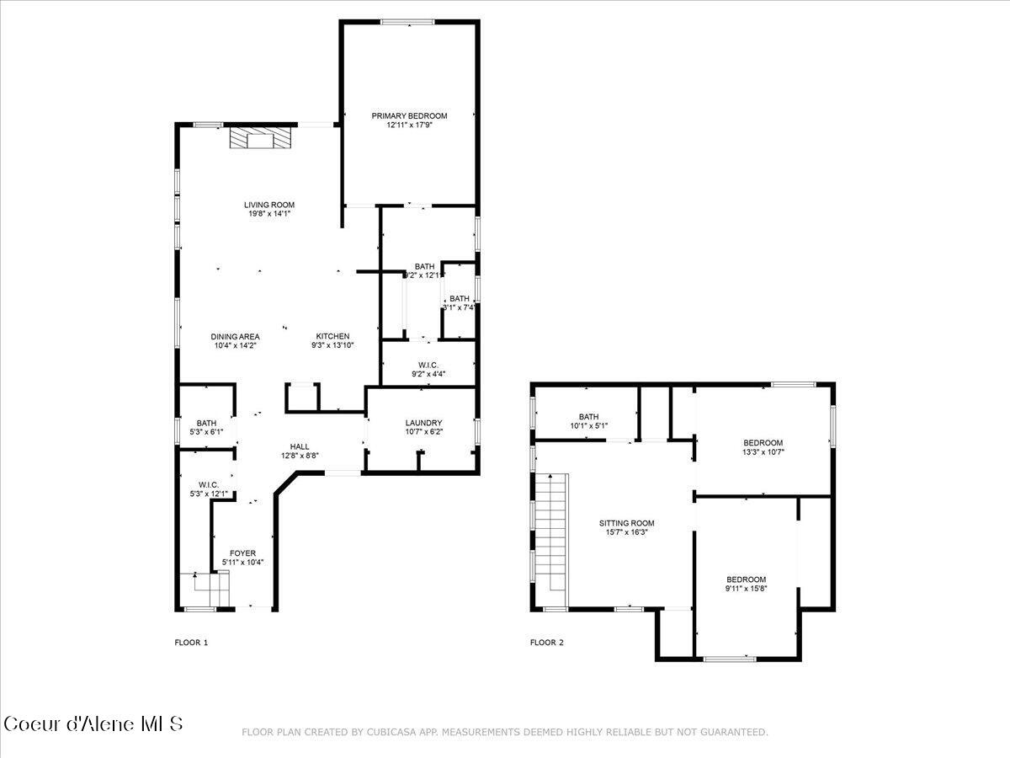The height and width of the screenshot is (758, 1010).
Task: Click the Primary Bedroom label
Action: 410,116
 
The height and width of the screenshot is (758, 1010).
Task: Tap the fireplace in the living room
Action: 262,138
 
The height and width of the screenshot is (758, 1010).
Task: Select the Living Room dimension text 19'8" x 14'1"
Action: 269,214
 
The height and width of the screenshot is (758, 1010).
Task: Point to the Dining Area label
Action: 235,337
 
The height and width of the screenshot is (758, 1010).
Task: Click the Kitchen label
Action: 332,337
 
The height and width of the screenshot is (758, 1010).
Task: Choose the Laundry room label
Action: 423,423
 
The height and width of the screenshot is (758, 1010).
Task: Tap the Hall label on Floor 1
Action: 300,446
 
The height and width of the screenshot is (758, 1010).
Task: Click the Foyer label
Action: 243,553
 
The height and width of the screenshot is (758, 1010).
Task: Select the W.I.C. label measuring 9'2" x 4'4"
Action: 429,365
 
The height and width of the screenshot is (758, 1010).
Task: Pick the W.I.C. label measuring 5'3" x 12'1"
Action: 209,484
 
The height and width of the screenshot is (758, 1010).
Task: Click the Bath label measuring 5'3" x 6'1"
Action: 206,423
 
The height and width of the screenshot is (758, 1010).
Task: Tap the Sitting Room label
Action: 626,522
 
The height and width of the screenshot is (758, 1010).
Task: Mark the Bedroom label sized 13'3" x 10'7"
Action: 763,443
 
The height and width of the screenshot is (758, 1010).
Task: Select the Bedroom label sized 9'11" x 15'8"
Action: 747,579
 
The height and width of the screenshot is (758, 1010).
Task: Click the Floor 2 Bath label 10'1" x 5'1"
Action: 587,416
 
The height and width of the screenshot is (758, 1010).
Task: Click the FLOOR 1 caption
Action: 191,643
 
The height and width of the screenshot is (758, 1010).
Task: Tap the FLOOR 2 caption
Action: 547,643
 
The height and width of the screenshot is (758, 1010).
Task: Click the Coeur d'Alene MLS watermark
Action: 93,723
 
